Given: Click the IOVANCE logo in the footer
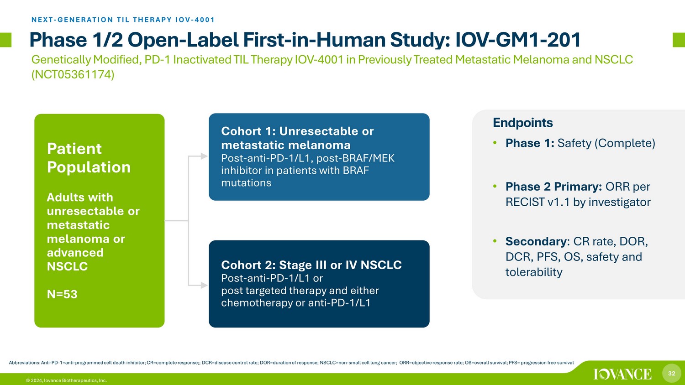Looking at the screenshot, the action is click(x=622, y=374).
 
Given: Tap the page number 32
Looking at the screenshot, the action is click(x=672, y=374).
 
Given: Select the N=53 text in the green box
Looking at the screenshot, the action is click(x=62, y=294).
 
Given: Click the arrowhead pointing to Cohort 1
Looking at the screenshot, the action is click(x=204, y=156).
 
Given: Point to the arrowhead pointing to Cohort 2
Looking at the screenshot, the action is click(x=204, y=286).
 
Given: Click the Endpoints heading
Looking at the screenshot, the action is click(x=522, y=123).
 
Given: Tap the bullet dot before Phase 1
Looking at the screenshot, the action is click(x=495, y=143).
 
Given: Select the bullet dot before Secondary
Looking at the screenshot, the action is click(x=495, y=241).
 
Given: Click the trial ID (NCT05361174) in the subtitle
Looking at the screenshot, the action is click(x=73, y=74).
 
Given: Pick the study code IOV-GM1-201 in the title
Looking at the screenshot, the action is click(x=518, y=40).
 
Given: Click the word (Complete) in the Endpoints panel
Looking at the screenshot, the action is click(x=624, y=143).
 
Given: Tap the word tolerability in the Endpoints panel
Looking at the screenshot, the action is click(x=534, y=272).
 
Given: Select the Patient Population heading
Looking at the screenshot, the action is click(x=89, y=158).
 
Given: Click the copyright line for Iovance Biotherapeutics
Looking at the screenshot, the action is click(x=66, y=380).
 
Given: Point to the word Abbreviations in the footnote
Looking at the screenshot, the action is click(x=24, y=363).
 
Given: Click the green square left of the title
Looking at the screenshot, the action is click(x=5, y=40).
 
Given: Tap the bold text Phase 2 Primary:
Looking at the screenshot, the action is click(x=554, y=187).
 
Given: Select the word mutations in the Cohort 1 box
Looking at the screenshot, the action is click(x=246, y=183).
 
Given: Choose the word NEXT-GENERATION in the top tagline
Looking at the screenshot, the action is click(x=73, y=20).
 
